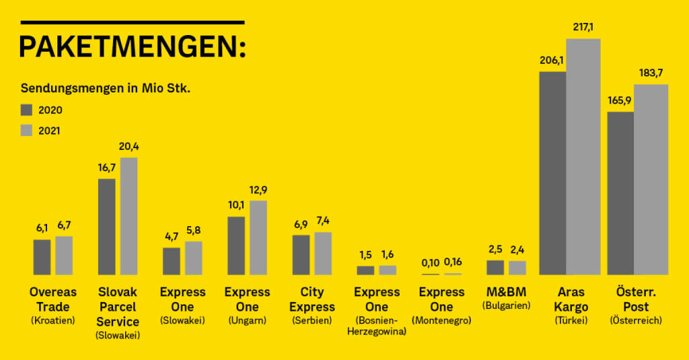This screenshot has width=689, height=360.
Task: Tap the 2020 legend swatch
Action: (27, 110)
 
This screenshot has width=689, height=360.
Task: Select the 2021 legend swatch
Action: (27, 131)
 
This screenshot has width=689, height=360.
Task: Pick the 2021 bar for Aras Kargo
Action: (583, 157)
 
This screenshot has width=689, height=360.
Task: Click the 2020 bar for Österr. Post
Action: (620, 193)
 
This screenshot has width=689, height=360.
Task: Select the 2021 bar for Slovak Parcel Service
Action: (129, 216)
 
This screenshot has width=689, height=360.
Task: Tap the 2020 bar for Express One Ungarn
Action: (236, 246)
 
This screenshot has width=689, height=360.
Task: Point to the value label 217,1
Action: (583, 28)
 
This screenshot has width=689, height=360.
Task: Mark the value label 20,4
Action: (129, 147)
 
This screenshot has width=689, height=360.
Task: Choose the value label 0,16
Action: (453, 262)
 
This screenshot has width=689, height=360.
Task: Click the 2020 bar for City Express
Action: (301, 254)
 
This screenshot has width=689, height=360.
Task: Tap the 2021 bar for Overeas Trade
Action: (64, 255)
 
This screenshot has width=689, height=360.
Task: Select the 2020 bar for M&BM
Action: (495, 267)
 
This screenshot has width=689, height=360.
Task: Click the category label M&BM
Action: (507, 292)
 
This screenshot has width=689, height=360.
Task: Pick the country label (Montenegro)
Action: (441, 321)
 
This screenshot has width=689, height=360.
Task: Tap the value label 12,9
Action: (258, 190)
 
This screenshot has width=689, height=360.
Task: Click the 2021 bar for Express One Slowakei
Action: (193, 258)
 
